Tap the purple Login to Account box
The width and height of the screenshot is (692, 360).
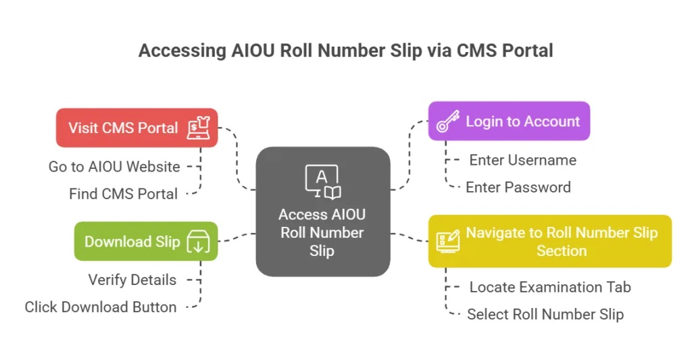[508, 122]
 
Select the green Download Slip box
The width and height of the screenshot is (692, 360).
[145, 241]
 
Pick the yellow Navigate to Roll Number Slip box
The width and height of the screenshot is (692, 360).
[549, 241]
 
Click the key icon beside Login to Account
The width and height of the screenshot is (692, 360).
[448, 122]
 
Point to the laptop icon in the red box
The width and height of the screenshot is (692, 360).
[197, 128]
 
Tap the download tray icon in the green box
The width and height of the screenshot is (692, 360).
[199, 242]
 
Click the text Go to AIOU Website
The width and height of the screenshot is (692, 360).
[114, 166]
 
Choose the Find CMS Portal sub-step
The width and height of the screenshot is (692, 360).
[123, 194]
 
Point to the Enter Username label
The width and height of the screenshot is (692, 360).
[522, 160]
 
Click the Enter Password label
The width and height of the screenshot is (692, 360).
[518, 187]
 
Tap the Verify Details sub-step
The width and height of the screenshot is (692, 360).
[132, 280]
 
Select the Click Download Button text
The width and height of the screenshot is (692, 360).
[101, 307]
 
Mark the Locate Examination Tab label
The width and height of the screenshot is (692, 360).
[550, 287]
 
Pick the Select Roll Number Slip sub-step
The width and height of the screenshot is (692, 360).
[545, 314]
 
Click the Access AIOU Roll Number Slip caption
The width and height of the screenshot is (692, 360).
[322, 232]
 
